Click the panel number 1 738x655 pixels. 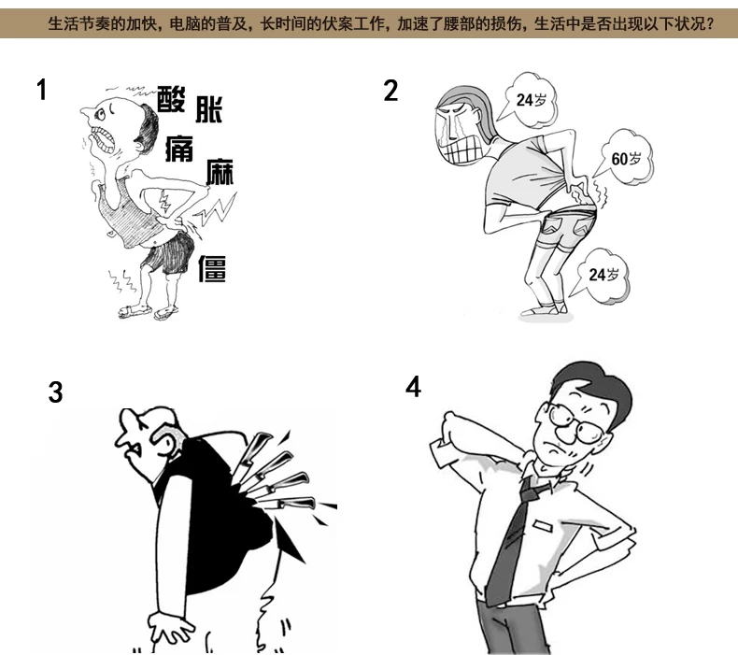42,90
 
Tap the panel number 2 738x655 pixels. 390,91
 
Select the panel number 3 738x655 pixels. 55,392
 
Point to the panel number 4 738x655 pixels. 413,387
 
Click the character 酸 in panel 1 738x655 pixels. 171,99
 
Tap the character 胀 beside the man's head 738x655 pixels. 209,109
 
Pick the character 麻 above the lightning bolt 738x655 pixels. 220,171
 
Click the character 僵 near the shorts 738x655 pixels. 212,268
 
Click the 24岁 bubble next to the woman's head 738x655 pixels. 529,100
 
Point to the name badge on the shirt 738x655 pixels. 542,524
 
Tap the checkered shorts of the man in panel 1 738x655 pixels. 168,252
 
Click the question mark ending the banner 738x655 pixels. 710,22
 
